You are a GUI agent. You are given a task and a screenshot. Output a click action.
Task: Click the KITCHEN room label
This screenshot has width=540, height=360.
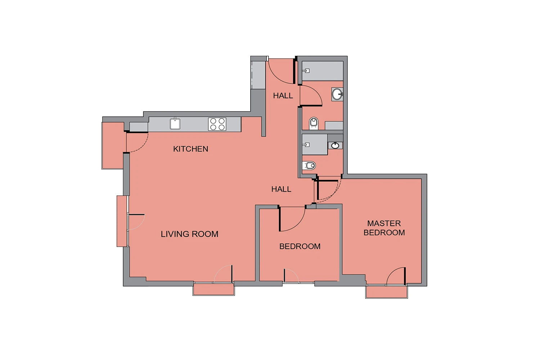point(190,149)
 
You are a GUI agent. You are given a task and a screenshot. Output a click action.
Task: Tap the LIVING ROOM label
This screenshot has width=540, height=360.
point(189,234)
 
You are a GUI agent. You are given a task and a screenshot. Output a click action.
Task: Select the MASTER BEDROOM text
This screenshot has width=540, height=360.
point(384,228)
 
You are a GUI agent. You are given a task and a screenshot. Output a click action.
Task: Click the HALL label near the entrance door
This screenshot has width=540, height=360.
point(283,96)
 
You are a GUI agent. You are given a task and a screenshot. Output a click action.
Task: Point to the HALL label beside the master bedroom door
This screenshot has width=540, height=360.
point(281,189)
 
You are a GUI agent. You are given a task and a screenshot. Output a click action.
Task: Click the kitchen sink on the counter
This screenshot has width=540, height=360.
point(175,124)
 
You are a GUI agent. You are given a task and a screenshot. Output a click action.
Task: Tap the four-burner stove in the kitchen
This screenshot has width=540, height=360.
point(217,124)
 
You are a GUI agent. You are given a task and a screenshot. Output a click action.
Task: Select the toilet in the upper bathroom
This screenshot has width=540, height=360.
point(314,123)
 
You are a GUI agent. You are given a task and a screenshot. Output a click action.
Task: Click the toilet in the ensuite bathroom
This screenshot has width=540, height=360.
point(309,166)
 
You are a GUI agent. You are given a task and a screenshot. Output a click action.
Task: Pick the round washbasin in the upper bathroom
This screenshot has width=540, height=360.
point(337,94)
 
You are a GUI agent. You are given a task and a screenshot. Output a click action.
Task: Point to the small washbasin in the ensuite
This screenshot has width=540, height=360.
point(335,145)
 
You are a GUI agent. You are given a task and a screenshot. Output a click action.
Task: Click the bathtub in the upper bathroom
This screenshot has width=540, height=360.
point(323,71)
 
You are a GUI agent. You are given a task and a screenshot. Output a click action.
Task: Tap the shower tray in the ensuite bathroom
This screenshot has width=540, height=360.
point(315,144)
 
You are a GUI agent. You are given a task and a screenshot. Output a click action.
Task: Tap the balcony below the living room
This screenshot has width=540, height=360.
point(213,289)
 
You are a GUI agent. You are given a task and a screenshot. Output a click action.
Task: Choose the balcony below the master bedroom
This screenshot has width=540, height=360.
point(386,292)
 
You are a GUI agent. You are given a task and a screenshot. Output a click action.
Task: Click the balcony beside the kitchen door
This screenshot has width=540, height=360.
point(113,145)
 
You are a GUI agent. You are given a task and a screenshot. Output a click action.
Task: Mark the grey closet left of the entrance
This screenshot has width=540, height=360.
point(258,75)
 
